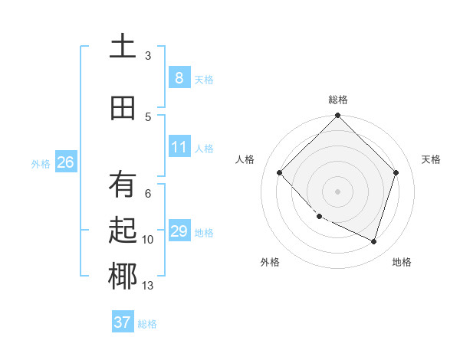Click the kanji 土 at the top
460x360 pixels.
[123, 47]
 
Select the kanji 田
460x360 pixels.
[123, 108]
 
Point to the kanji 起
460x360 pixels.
[123, 231]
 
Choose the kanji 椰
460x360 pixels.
[123, 277]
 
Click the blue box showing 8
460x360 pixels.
[179, 78]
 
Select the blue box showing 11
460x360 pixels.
[179, 147]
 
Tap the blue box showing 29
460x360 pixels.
[179, 231]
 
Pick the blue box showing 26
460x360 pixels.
[65, 162]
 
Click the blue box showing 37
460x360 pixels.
[122, 322]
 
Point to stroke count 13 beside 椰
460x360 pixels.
[147, 286]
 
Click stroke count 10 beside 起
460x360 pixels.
[147, 240]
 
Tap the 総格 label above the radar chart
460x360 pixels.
[338, 100]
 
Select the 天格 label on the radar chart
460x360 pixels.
[432, 159]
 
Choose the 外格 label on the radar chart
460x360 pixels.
[270, 262]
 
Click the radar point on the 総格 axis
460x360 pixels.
[337, 116]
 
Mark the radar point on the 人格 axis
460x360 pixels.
[280, 173]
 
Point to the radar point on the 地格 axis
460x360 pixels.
[373, 241]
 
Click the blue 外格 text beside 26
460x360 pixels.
[40, 163]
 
